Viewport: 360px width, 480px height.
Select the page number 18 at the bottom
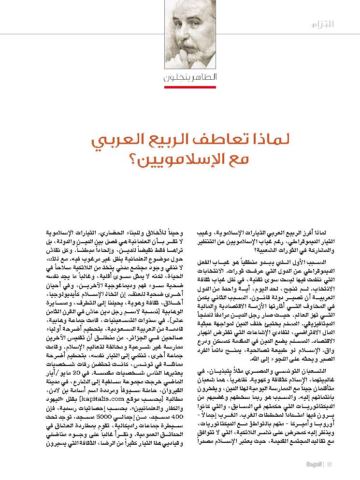[328, 465]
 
